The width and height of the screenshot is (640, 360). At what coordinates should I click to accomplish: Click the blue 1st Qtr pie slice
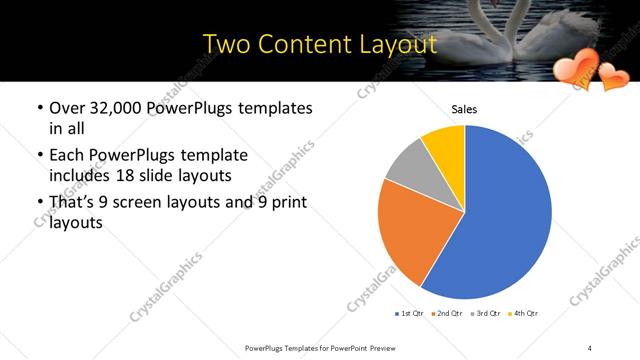coord(505,215)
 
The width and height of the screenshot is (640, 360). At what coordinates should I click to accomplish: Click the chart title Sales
coord(465,108)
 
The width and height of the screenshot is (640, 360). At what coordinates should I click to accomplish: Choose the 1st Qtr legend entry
coord(411,314)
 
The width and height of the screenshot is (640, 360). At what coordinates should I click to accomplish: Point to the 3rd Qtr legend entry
coord(485,314)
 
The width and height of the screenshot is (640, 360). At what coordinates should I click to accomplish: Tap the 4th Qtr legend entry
coord(523,314)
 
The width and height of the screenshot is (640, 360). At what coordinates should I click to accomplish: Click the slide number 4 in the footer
coord(590,348)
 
